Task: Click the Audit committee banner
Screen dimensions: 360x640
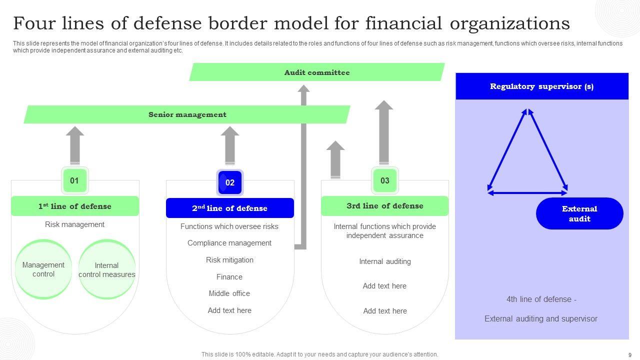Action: pos(316,72)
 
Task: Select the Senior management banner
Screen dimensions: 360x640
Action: pos(187,114)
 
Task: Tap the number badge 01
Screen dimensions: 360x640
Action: pos(74,180)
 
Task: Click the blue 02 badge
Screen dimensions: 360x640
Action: pos(229,182)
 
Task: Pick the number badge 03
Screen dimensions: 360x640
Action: pos(384,180)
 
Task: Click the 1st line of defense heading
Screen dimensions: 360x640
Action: pos(75,206)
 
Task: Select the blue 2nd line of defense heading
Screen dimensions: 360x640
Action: pos(229,208)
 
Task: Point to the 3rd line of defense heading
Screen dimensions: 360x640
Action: pos(384,206)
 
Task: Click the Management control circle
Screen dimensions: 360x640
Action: pos(43,269)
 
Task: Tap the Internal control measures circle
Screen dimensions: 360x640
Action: pos(107,269)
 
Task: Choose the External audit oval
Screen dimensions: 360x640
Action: pos(579,213)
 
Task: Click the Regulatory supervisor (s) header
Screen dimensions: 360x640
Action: pos(541,86)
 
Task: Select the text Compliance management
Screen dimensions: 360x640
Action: pos(229,243)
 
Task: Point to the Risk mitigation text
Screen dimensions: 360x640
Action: pos(229,260)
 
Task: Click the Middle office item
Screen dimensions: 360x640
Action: pos(229,293)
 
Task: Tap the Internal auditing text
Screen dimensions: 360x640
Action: pos(384,261)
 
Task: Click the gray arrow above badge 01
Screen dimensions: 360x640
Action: pos(75,145)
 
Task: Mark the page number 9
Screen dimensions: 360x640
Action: pos(629,355)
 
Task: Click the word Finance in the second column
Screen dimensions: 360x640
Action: pos(229,277)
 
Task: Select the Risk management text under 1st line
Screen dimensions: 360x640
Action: pos(75,224)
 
